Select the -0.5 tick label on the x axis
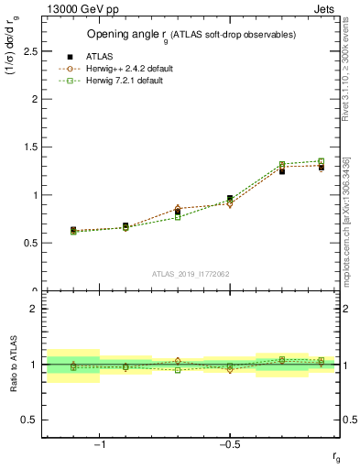click(229, 445)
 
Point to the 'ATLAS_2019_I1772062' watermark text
click(191, 274)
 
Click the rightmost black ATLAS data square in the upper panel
click(321, 167)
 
